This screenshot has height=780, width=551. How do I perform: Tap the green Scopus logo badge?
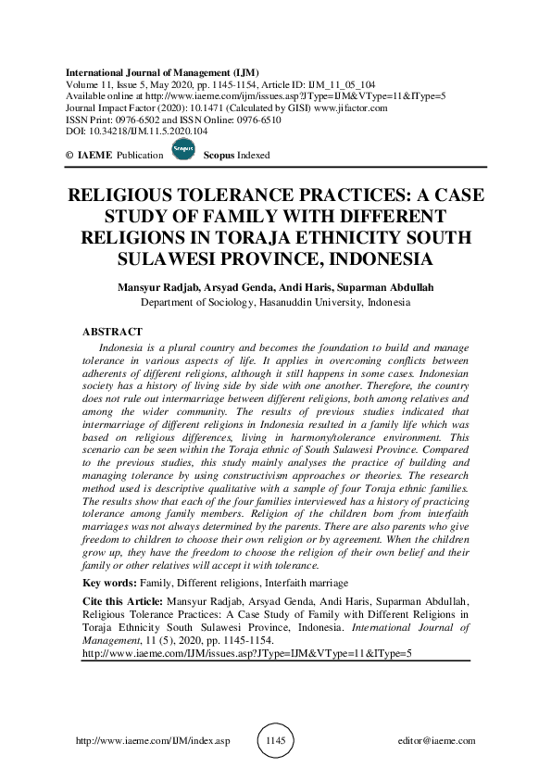[x=183, y=154]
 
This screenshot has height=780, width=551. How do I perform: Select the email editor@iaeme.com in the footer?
[x=435, y=741]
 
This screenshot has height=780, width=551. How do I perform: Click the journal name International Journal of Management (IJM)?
[x=162, y=71]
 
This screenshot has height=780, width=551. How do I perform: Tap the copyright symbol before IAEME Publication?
[x=69, y=155]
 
